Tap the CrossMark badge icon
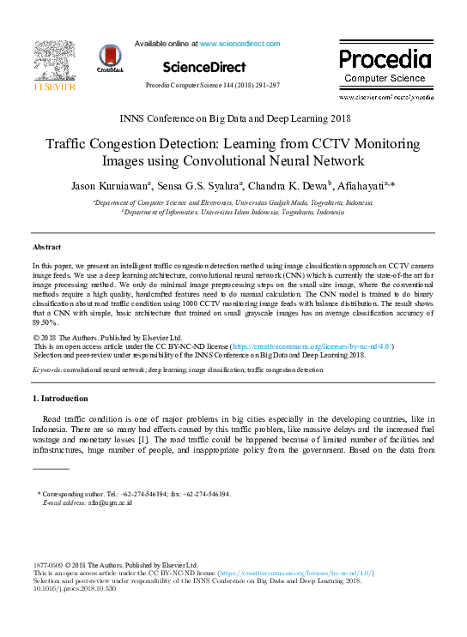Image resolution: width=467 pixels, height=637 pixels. pyautogui.click(x=110, y=58)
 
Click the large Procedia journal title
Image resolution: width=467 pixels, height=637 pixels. pyautogui.click(x=384, y=59)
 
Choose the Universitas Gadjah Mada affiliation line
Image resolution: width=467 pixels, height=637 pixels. pyautogui.click(x=233, y=202)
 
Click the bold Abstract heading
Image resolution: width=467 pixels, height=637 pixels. pyautogui.click(x=46, y=247)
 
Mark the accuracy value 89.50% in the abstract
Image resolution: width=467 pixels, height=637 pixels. pyautogui.click(x=45, y=324)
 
